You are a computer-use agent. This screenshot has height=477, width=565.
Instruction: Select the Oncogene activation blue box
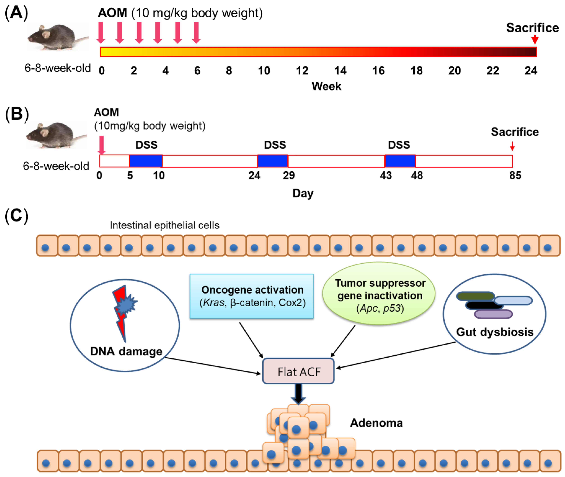pos(252,296)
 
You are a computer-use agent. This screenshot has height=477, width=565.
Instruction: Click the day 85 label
pos(515,175)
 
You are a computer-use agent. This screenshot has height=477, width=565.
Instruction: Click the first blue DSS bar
pos(146,161)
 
